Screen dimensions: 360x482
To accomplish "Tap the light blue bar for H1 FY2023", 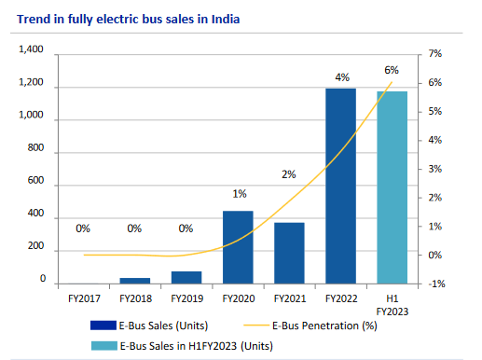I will (392, 187).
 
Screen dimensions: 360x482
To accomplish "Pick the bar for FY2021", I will (289, 253).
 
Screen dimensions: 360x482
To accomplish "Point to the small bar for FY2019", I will (186, 277).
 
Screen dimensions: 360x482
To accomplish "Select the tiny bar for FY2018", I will (135, 280).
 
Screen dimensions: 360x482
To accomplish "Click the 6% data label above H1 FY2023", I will (391, 70).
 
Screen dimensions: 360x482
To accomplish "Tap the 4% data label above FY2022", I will (341, 76).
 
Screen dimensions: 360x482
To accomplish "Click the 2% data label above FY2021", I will (289, 174).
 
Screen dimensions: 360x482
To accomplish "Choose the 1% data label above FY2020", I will (239, 194).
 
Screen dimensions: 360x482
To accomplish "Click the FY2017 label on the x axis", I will (83, 298).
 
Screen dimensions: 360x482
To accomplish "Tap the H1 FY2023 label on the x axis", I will (392, 304).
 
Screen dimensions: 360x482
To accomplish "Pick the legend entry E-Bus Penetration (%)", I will (318, 325).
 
